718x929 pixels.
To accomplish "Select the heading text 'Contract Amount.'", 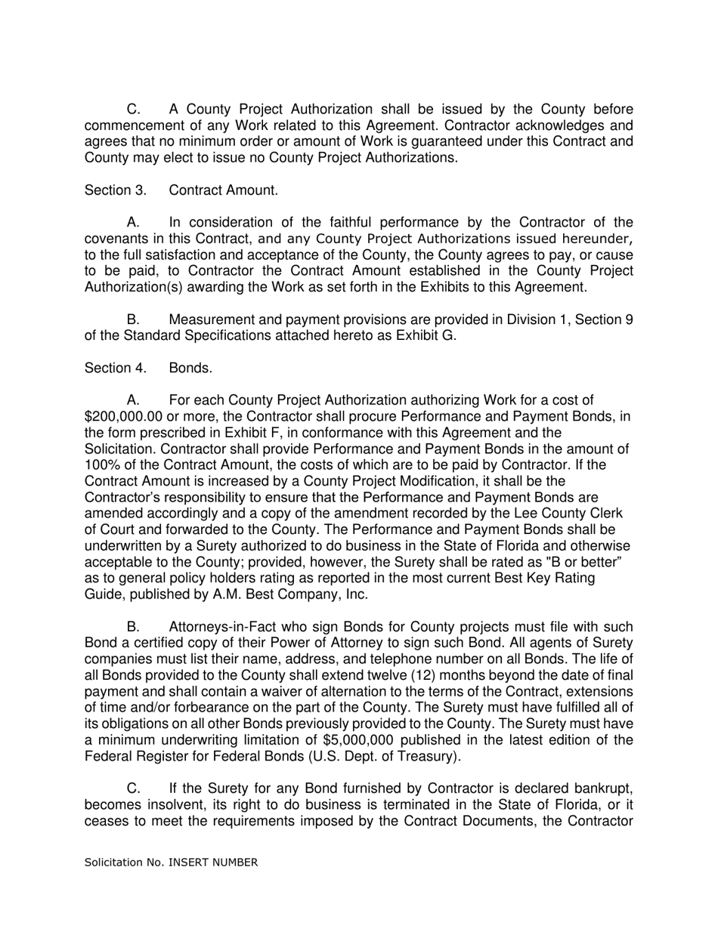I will click(x=223, y=190).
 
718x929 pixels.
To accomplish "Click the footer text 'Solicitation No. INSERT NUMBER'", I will click(x=171, y=863).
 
